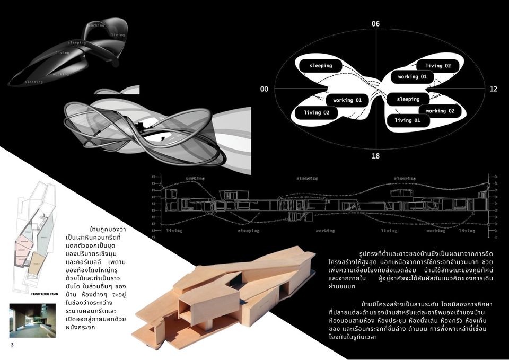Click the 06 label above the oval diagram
(x=375, y=24)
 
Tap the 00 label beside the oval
(x=264, y=89)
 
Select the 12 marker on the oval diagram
(x=494, y=89)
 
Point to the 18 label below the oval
(x=375, y=156)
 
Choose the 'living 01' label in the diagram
(x=411, y=120)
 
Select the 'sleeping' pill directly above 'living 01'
(x=408, y=99)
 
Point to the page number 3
(x=12, y=345)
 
